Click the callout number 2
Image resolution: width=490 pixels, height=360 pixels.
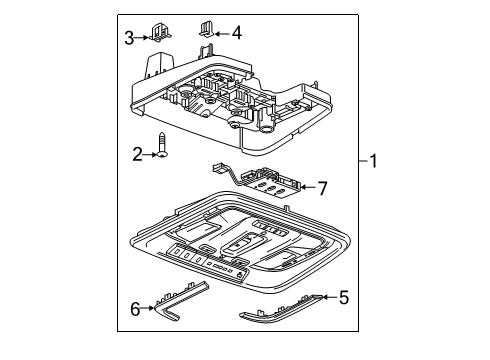136,154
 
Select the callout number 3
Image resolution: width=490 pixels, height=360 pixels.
129,38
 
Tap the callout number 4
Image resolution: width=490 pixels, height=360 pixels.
236,32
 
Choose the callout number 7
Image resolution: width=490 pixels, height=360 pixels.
321,186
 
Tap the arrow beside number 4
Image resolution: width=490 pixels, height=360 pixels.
224,32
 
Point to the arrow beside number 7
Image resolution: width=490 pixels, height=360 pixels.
308,186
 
